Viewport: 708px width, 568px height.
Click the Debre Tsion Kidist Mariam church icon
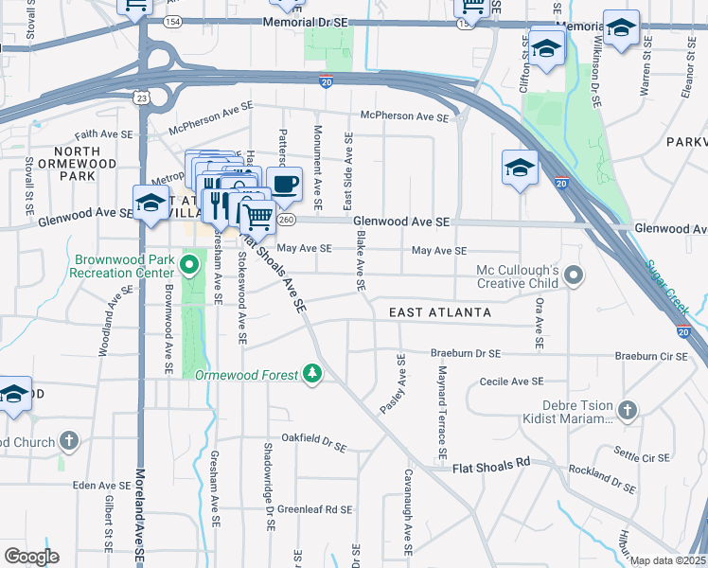627,410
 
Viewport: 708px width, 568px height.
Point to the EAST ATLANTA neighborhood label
440,312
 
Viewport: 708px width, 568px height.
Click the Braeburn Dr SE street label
465,353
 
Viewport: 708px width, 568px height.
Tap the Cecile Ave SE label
511,382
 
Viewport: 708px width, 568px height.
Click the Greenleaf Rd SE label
314,508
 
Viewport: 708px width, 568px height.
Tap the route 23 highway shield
141,97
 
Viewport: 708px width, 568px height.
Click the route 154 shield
171,20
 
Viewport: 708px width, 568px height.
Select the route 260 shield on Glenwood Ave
288,219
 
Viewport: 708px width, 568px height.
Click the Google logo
31,556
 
